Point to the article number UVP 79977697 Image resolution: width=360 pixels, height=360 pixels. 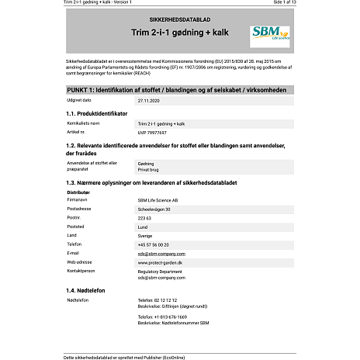(x=152, y=132)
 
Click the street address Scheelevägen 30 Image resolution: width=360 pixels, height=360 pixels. (x=154, y=209)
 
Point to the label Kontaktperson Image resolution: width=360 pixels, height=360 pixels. (x=81, y=272)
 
